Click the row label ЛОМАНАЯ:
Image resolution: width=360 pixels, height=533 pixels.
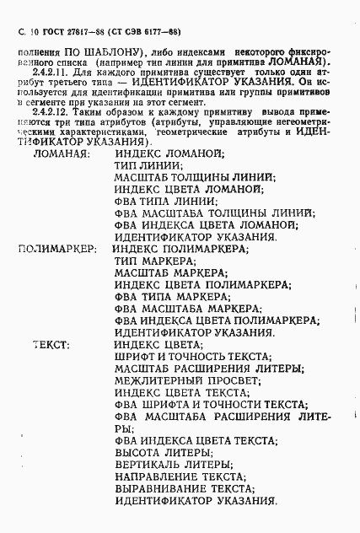(x=60, y=154)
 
